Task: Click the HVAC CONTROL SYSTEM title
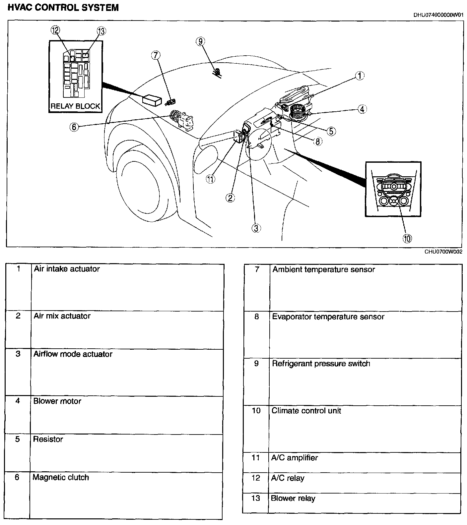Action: [63, 8]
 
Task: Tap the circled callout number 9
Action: [200, 41]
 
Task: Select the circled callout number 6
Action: [74, 127]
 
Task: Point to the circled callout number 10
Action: [407, 238]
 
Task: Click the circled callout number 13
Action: [101, 31]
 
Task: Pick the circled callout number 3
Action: [256, 228]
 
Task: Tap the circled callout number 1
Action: [360, 76]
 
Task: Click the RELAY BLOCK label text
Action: [75, 106]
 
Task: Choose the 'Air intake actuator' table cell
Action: [67, 269]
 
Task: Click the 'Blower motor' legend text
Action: [57, 401]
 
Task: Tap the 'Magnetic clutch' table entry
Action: [61, 477]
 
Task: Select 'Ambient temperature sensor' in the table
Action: [323, 269]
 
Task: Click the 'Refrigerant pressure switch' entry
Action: [321, 364]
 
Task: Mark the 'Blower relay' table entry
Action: [293, 498]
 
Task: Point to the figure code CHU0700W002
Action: [443, 252]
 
